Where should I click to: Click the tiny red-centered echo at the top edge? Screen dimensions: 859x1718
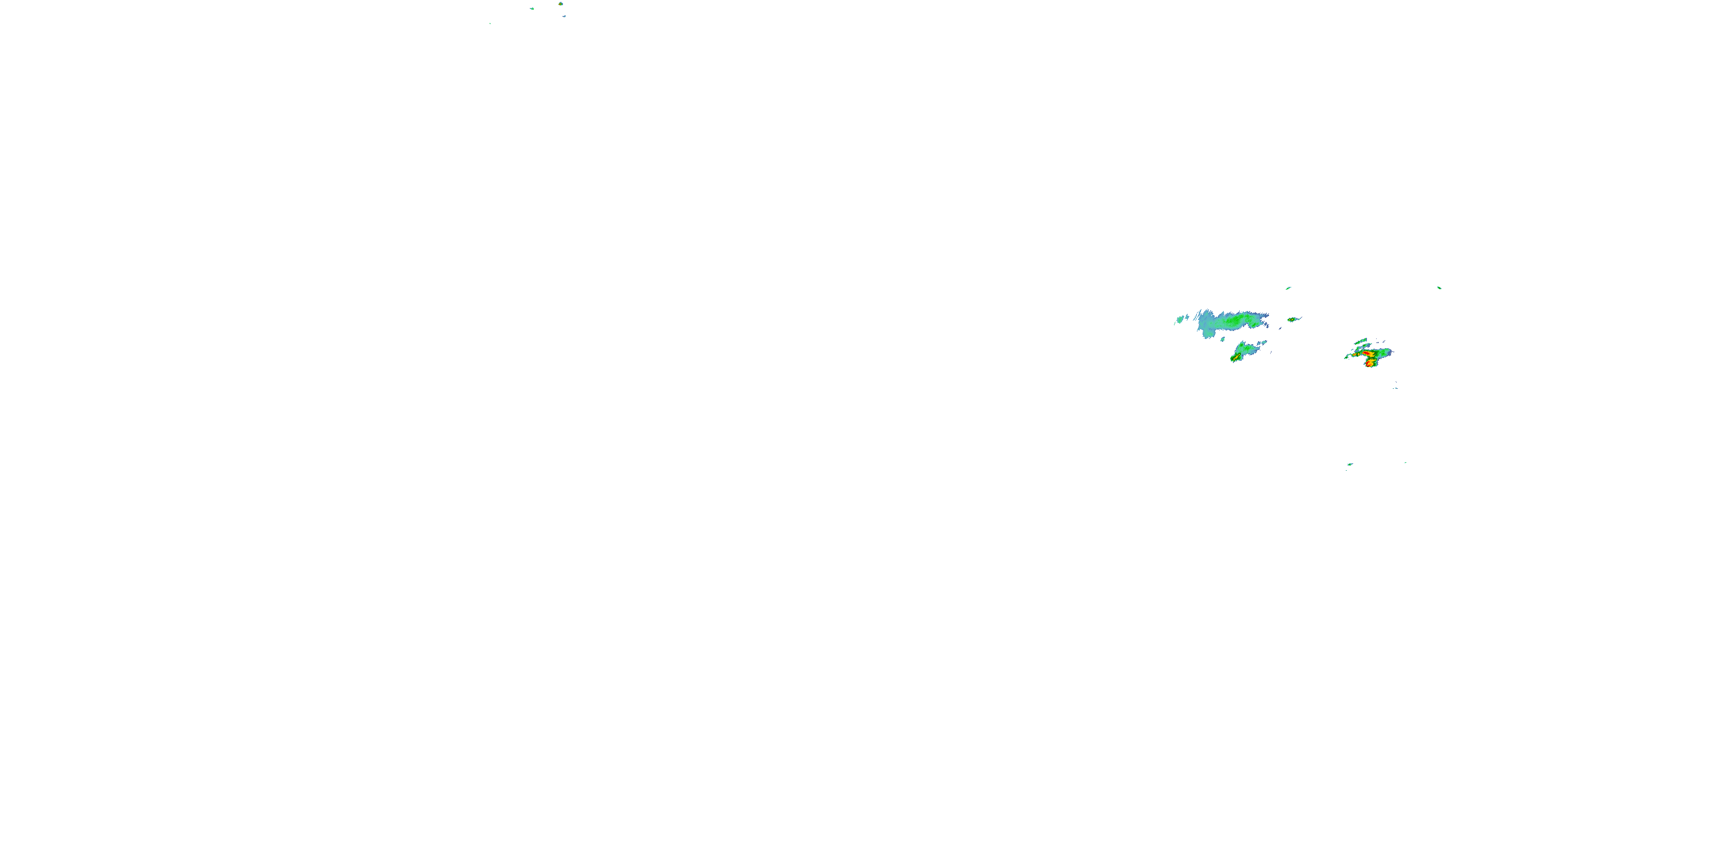click(560, 3)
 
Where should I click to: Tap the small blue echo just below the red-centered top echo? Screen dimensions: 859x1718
click(564, 16)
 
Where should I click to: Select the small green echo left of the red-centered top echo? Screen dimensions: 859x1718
click(531, 9)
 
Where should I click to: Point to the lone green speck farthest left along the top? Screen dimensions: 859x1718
click(490, 23)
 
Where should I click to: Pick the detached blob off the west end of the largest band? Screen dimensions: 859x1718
click(1180, 320)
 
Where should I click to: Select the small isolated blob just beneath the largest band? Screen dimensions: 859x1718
click(1222, 340)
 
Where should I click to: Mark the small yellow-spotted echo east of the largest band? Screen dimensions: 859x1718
click(1292, 320)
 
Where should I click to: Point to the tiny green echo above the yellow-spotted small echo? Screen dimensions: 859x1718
click(1288, 288)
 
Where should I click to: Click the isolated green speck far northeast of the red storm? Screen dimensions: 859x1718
click(1439, 287)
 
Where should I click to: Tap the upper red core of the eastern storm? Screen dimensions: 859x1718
click(1369, 353)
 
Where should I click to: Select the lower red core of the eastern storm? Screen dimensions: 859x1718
click(1370, 364)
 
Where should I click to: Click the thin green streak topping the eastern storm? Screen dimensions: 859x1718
click(1361, 341)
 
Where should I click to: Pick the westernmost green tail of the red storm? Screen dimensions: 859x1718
click(1346, 357)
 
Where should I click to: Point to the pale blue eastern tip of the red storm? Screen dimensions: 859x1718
click(1390, 352)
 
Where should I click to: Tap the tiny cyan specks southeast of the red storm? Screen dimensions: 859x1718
click(1395, 387)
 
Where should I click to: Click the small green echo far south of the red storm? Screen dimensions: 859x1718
click(1350, 464)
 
